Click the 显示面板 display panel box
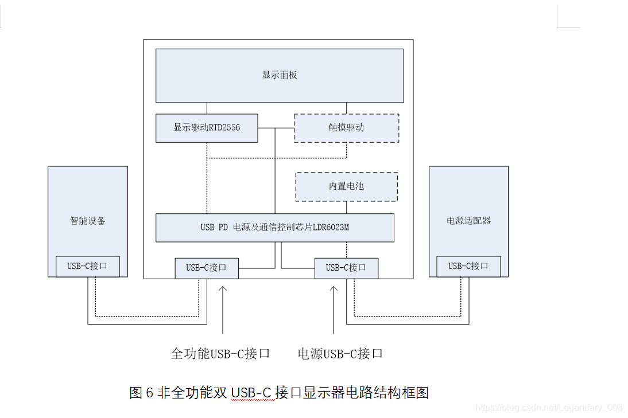point(280,75)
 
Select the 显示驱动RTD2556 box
point(207,128)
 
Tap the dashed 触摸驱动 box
point(346,128)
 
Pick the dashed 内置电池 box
point(346,186)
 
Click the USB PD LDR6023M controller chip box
point(275,228)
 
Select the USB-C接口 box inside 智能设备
point(88,266)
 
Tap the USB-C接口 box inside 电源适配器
point(468,266)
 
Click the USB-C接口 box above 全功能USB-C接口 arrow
point(207,268)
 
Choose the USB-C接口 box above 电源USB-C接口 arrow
point(346,268)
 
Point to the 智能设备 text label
point(88,221)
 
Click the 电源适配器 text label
point(468,221)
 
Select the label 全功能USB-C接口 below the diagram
point(220,353)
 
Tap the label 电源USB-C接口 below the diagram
point(340,353)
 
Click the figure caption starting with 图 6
point(279,393)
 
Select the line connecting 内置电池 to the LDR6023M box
point(346,208)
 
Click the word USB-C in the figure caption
point(251,393)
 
